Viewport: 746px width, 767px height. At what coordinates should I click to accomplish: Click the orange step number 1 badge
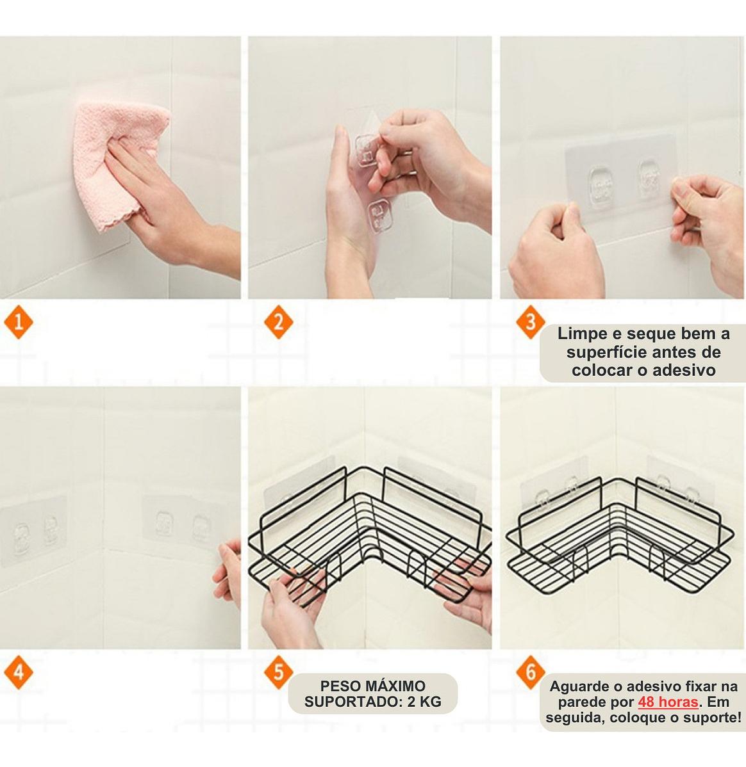click(x=18, y=322)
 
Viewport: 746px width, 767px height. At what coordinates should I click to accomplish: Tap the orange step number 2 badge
click(x=278, y=322)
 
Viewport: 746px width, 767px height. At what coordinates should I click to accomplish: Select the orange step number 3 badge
click(x=531, y=322)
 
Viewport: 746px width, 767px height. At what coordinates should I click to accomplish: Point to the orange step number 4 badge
click(x=18, y=672)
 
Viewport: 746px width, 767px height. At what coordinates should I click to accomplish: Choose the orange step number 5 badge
click(x=278, y=672)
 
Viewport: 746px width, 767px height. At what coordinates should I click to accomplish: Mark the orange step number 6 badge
click(x=531, y=672)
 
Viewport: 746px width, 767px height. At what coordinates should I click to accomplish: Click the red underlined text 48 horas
click(x=668, y=702)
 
